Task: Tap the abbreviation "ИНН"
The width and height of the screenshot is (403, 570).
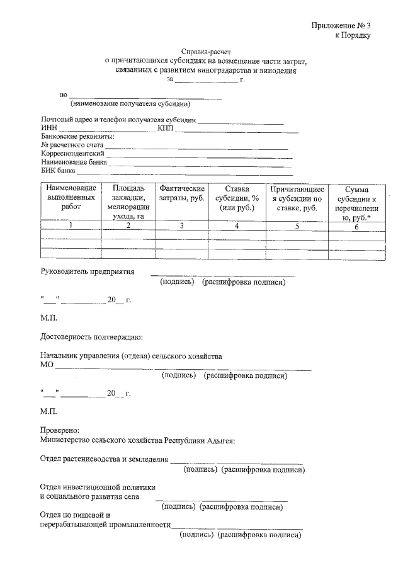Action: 48,128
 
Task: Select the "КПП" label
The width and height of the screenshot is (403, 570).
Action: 166,128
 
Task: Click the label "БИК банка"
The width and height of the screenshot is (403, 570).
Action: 58,170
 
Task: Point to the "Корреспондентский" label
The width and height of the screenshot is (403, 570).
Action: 72,153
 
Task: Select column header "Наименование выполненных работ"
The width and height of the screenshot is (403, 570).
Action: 71,197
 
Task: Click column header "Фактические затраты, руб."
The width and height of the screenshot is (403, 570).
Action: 182,193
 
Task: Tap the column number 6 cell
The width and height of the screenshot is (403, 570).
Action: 356,227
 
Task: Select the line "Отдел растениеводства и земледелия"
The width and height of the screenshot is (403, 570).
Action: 104,459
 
